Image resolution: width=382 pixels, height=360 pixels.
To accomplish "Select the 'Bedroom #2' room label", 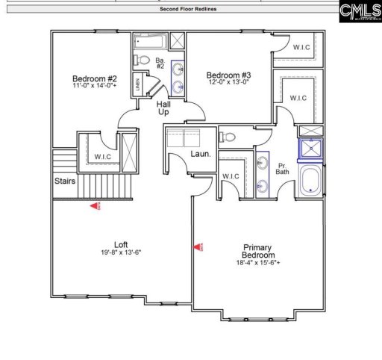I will (x=94, y=78).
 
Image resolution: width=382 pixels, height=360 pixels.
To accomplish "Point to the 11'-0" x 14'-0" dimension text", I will (x=95, y=87).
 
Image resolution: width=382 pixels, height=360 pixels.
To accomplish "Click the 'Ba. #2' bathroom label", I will (x=160, y=63).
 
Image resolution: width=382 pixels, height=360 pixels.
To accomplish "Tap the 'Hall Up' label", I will (x=163, y=108).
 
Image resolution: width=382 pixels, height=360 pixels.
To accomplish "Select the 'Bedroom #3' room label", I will (x=228, y=75).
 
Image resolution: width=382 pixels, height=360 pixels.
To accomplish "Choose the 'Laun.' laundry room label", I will (x=200, y=154).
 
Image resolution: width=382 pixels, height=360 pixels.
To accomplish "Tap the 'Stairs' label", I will (x=64, y=181).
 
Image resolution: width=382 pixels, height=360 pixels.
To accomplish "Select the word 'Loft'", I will (x=120, y=244).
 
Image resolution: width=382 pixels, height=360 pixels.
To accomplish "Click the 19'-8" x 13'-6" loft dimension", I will (x=120, y=253).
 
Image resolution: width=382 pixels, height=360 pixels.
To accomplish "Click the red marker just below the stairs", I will (x=95, y=206).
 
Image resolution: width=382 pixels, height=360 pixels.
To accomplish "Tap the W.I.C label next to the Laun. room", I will (x=231, y=176).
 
